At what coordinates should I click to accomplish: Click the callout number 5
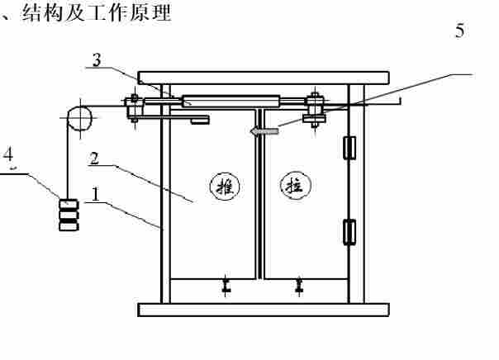(460, 31)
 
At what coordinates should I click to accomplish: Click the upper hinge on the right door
(349, 147)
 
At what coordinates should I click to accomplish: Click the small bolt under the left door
(226, 287)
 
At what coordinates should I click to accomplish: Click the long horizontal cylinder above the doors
(231, 102)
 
